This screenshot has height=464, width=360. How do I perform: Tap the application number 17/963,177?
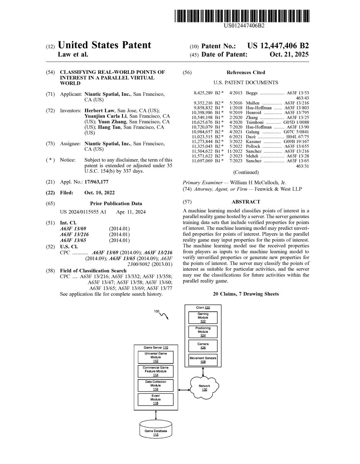97,181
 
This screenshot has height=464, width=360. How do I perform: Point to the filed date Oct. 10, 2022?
99,193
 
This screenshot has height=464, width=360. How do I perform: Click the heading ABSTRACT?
246,202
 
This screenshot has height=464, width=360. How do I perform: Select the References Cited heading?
246,72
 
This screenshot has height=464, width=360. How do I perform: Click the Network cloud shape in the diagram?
204,386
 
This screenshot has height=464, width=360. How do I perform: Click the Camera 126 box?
203,345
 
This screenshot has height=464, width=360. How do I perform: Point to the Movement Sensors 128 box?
203,360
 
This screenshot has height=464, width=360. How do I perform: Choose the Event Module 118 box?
155,399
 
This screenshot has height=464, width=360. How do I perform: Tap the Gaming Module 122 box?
203,317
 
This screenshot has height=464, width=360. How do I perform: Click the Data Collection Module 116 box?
155,385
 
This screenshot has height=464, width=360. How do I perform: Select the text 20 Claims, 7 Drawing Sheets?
246,294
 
